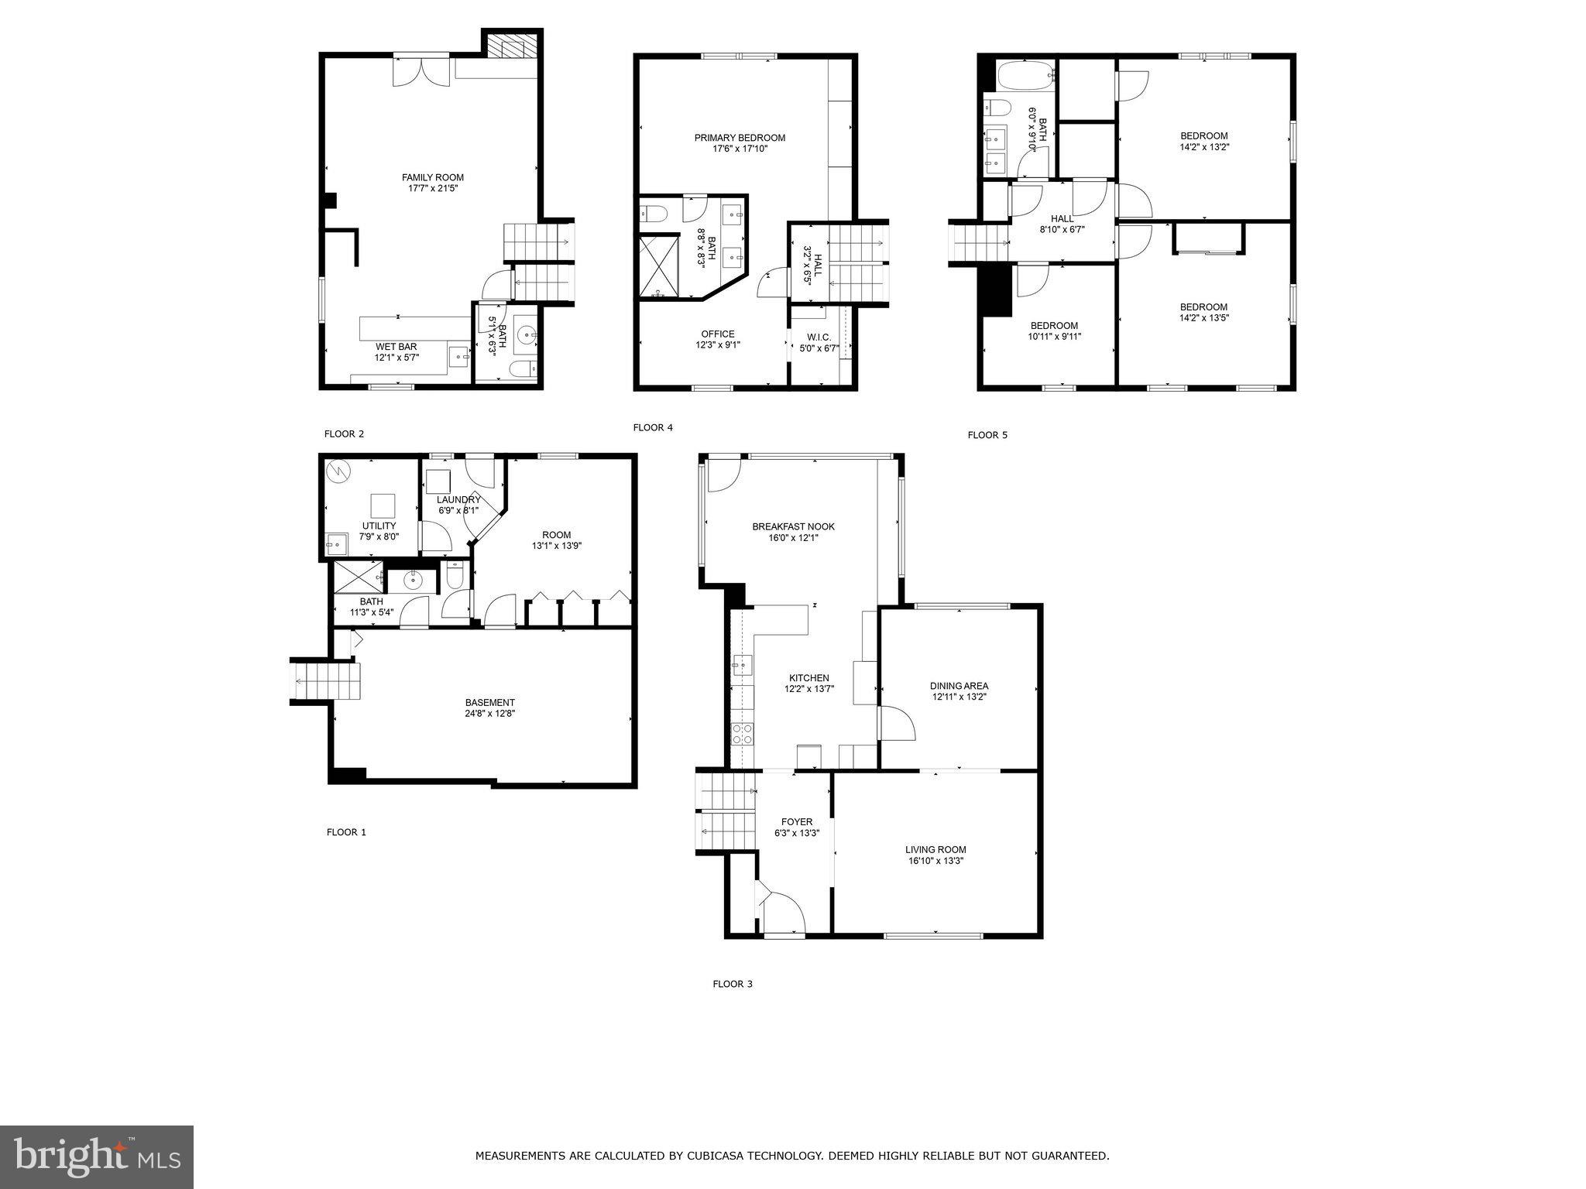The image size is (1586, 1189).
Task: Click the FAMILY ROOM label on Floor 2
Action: pos(432,177)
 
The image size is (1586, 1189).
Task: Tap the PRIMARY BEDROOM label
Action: pos(740,138)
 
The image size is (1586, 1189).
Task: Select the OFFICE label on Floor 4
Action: pos(717,334)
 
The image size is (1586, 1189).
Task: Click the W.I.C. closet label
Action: pos(819,338)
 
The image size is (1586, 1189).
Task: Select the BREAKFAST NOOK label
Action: pos(793,526)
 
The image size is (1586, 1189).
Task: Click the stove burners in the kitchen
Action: pos(742,734)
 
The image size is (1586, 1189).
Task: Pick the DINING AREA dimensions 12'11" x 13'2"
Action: pos(959,697)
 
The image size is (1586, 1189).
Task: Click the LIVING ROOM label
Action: pos(935,849)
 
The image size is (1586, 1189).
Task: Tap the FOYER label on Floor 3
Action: pos(797,822)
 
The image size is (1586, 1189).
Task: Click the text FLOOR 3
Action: pos(732,984)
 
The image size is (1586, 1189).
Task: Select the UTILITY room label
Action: pos(379,526)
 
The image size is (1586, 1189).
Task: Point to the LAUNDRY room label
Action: pos(458,499)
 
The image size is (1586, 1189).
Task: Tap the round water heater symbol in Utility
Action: pos(338,470)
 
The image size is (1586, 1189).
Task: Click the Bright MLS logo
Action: pos(97,1156)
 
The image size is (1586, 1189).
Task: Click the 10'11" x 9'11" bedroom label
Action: pos(1054,336)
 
